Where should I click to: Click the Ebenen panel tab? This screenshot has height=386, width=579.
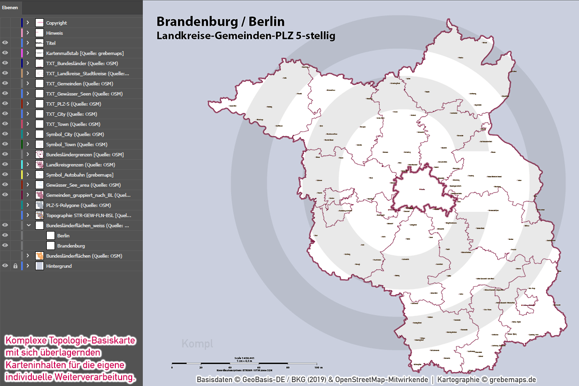pos(10,8)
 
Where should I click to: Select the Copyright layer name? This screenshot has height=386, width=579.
pos(56,23)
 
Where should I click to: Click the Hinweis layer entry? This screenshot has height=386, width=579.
pos(55,33)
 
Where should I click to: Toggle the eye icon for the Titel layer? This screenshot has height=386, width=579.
pos(5,43)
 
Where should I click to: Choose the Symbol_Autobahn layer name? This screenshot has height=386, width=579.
pos(80,175)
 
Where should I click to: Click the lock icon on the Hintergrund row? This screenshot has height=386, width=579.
pos(15,266)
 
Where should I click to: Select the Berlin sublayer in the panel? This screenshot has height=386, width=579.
pos(63,235)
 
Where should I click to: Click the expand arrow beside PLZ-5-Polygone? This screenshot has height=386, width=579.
pos(28,205)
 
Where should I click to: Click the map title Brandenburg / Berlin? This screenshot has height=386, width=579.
pos(221,22)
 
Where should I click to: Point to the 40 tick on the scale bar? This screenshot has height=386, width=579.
pos(230,367)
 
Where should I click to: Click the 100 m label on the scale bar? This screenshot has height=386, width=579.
pos(318,367)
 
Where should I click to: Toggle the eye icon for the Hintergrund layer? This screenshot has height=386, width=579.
pos(5,266)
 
